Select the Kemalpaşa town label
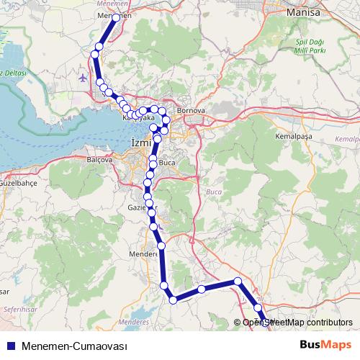pos(291,135)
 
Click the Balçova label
pos(100,159)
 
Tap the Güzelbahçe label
pos(19,184)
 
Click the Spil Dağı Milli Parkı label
pos(311,47)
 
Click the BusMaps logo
pos(325,345)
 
